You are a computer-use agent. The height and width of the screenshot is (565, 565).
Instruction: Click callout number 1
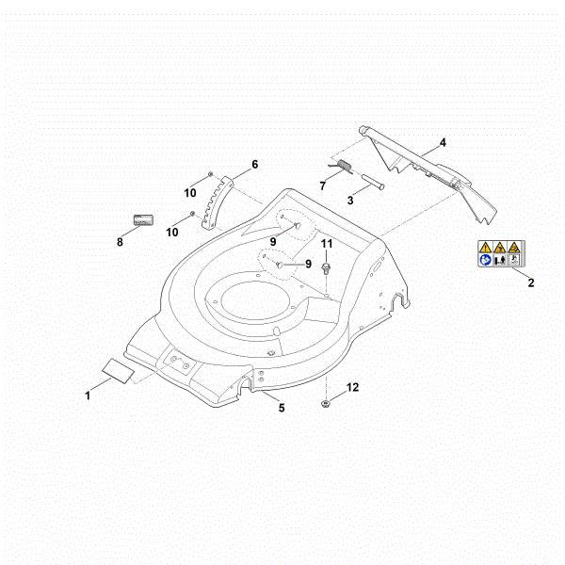click(x=88, y=395)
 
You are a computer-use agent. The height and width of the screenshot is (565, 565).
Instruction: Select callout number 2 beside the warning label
click(x=531, y=282)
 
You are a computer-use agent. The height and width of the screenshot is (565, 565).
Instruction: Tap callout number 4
click(x=443, y=143)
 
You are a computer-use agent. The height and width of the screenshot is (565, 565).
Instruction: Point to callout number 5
click(x=282, y=408)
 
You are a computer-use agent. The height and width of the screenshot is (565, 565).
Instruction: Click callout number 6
click(x=255, y=164)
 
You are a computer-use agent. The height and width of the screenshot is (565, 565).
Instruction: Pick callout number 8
click(x=120, y=242)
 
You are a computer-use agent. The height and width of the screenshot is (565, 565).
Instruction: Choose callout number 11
click(x=327, y=244)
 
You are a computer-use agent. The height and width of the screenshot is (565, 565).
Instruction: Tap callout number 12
click(x=352, y=387)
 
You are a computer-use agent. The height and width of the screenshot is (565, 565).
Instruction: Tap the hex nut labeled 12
click(x=325, y=403)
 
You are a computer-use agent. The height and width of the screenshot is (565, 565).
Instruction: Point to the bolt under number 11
click(x=326, y=268)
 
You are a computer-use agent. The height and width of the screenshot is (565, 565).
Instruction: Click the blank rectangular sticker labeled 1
click(x=119, y=371)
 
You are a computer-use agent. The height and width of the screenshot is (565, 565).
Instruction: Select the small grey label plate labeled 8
click(x=143, y=219)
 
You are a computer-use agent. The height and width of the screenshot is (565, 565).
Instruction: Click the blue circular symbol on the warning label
click(x=486, y=260)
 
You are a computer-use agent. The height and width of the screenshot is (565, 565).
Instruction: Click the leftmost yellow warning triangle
click(x=485, y=247)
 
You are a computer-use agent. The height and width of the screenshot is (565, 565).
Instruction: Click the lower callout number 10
click(x=172, y=232)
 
